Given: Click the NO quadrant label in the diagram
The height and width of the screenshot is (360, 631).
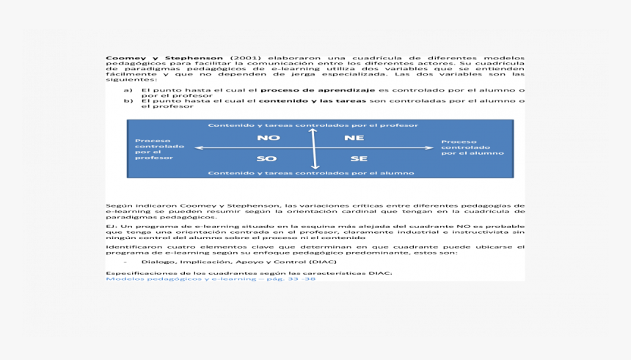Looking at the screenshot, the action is (269, 138).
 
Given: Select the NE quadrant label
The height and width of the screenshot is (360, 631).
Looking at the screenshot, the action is (354, 138).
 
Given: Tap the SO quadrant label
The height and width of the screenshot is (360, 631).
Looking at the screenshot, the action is (266, 158).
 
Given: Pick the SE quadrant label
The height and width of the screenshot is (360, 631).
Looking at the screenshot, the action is (358, 158).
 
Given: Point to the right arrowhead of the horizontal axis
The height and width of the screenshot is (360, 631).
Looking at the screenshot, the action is (431, 148).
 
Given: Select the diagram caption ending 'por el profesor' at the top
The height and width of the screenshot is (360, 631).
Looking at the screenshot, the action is (313, 125).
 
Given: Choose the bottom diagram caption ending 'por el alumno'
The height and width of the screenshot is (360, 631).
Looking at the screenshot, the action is (311, 173).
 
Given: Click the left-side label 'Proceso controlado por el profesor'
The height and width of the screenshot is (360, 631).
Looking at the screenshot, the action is (155, 149).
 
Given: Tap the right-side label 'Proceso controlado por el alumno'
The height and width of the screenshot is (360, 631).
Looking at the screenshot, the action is (472, 147).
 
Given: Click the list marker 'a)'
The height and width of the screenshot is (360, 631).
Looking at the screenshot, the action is (127, 90).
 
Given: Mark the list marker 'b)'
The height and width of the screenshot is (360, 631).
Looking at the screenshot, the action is (127, 100).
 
